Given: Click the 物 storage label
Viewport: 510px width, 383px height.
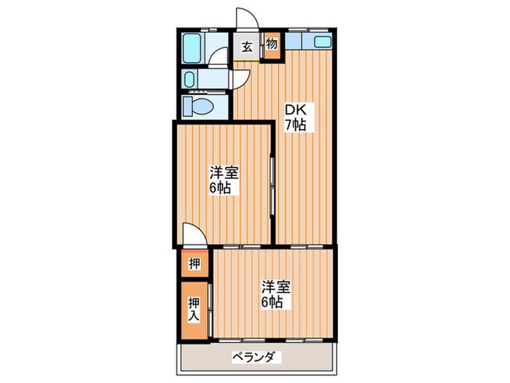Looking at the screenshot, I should coord(271,45).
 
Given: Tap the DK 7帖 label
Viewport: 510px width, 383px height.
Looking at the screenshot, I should coord(294,117).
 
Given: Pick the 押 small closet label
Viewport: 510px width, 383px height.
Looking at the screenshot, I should coord(194,263).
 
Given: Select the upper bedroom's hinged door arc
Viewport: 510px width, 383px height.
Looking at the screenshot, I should coord(194,235).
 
